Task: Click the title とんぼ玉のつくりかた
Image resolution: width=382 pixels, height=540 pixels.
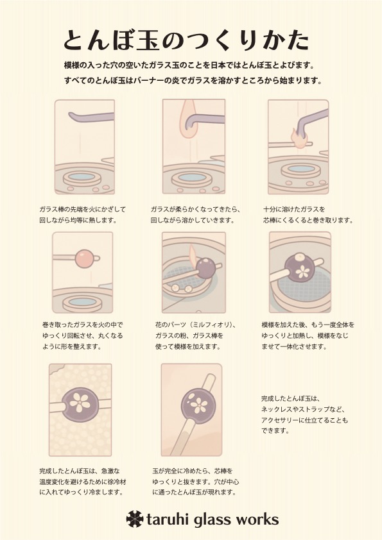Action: [x=186, y=40]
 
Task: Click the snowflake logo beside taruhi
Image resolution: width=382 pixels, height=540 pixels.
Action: [x=134, y=519]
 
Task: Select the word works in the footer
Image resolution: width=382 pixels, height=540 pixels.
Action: [x=258, y=519]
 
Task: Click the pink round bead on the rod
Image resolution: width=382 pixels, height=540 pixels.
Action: [x=83, y=258]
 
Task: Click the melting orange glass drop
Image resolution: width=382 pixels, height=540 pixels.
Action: [x=188, y=119]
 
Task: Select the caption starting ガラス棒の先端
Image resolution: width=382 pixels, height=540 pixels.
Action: [x=82, y=215]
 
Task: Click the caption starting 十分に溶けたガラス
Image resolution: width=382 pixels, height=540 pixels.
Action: [x=308, y=215]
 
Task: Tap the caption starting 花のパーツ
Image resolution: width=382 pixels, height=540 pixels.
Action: [x=195, y=335]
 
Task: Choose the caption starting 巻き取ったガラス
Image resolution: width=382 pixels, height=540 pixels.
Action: [x=82, y=335]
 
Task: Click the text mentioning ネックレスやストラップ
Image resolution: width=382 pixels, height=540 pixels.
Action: [x=304, y=415]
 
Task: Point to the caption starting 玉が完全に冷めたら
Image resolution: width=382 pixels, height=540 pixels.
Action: [x=195, y=481]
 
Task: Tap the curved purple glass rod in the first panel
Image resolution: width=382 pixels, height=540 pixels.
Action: [x=91, y=117]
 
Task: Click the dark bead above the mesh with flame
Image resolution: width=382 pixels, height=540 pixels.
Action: [x=206, y=268]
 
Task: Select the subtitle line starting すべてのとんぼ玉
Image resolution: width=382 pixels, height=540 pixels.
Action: [x=193, y=81]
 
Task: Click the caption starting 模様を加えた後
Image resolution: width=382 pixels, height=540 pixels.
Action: [x=308, y=335]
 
